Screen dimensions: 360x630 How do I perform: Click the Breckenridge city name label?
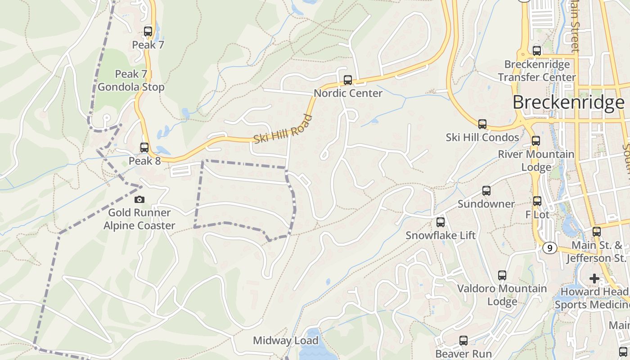[x=568, y=103]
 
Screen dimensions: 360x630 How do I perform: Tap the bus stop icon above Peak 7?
[x=148, y=31]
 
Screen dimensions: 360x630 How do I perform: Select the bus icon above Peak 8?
[x=144, y=148]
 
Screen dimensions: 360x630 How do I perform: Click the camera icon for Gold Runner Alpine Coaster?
[x=139, y=199]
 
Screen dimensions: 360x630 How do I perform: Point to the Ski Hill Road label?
[x=283, y=130]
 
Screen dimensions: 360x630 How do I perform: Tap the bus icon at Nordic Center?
[x=348, y=81]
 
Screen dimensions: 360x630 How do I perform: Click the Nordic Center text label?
[x=348, y=93]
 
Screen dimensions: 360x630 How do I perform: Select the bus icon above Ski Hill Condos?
[x=482, y=124]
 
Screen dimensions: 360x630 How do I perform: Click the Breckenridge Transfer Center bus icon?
[x=537, y=51]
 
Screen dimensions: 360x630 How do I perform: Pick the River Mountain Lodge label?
[x=536, y=160]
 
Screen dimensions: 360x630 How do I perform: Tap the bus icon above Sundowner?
[x=486, y=191]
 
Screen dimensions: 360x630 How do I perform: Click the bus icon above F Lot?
[x=537, y=201]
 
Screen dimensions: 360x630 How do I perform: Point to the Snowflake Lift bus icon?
[x=441, y=222]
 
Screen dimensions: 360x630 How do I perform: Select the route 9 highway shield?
[x=549, y=248]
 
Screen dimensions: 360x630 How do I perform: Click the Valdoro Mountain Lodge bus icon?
[x=502, y=275]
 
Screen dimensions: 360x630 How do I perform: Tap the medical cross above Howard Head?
[x=594, y=279]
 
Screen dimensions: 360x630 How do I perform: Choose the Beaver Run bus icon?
[x=463, y=341]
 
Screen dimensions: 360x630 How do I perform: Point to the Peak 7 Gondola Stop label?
[x=131, y=80]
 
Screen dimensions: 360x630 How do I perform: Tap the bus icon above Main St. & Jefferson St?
[x=597, y=232]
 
